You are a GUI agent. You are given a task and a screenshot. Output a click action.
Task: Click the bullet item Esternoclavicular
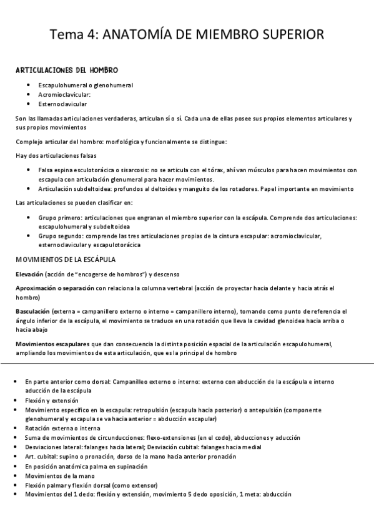[x=62, y=104]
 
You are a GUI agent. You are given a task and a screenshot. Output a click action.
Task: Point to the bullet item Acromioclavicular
[x=64, y=94]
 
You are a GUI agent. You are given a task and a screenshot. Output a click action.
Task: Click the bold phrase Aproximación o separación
[x=55, y=288]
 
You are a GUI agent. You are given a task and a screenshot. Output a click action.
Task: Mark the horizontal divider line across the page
[x=187, y=362]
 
